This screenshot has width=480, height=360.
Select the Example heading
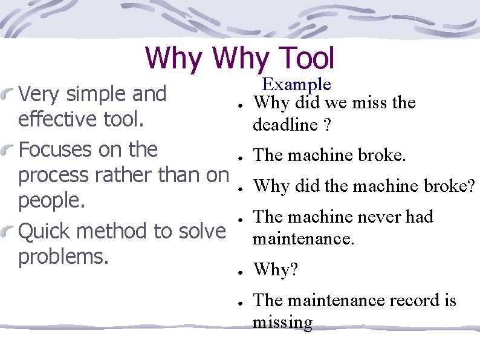[296, 84]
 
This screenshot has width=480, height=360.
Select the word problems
[63, 257]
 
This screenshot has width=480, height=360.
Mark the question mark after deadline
[326, 125]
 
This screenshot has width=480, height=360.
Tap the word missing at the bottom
[282, 322]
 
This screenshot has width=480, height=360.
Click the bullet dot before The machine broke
[241, 157]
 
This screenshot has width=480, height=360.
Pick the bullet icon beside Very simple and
[9, 94]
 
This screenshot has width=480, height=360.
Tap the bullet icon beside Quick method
[9, 231]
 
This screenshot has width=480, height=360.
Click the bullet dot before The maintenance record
[241, 302]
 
